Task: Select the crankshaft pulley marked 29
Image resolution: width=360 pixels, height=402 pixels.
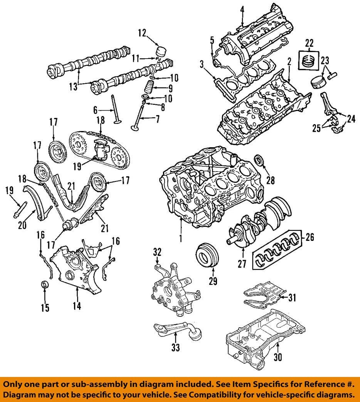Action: (207, 255)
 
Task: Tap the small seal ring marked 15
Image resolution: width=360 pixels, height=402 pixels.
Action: (45, 285)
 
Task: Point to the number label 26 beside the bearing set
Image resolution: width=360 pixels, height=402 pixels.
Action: (309, 237)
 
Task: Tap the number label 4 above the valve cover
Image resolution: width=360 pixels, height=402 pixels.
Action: (242, 9)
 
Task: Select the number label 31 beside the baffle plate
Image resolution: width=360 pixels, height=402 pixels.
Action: (293, 297)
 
